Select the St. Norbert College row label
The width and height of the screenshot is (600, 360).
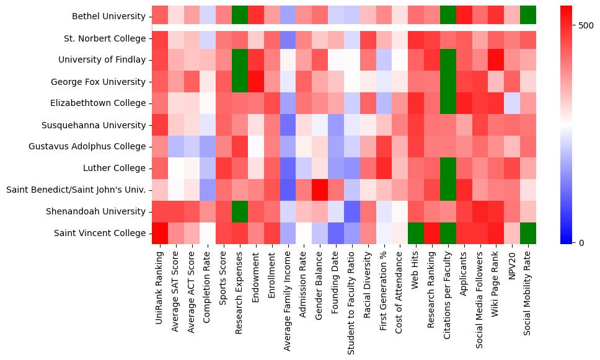(105, 38)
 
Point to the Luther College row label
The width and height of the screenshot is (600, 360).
(115, 168)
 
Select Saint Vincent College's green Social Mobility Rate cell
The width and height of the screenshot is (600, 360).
(528, 233)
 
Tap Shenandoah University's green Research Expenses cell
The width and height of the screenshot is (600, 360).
(239, 211)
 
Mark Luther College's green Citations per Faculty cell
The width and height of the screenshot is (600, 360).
(448, 168)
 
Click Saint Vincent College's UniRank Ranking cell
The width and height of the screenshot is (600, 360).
(160, 233)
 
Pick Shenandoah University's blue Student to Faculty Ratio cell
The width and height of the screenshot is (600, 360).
(351, 211)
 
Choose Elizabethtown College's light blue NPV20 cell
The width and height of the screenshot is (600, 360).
(512, 103)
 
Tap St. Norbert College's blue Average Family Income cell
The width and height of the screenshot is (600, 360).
(287, 38)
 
